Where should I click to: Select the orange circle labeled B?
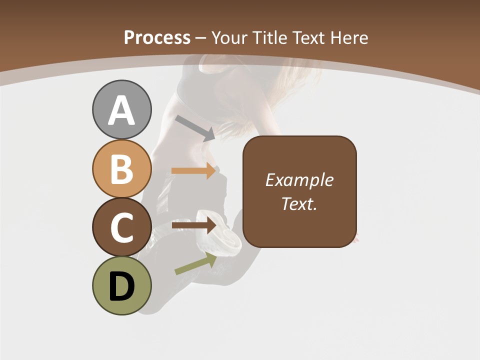121,168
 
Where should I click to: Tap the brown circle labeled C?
121,227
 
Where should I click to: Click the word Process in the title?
157,38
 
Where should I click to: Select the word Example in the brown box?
299,180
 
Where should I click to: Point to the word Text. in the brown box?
299,204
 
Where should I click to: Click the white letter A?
121,111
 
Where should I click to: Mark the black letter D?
121,286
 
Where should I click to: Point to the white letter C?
121,227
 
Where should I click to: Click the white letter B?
121,169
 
